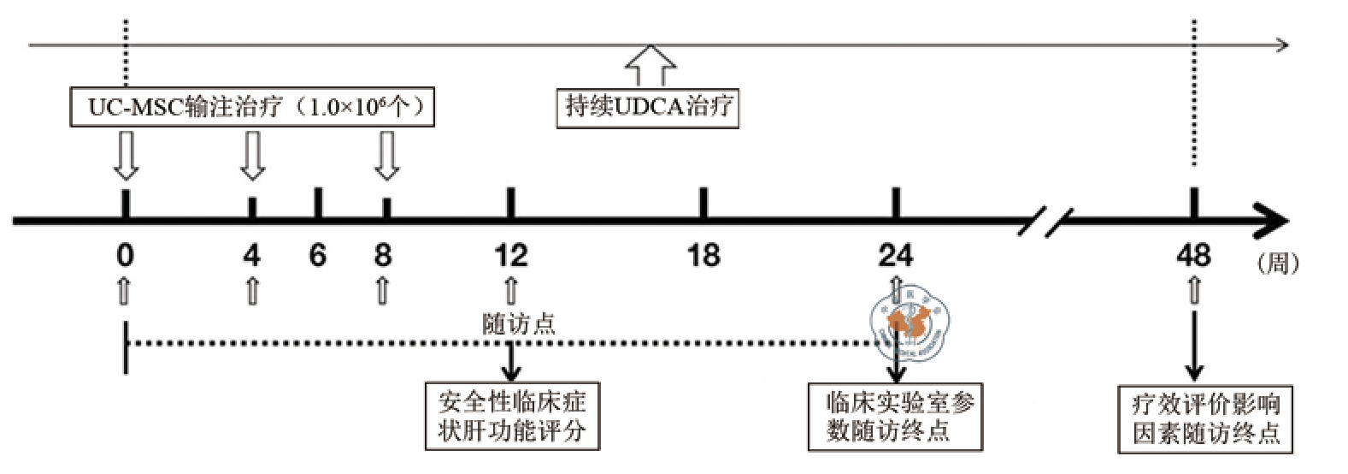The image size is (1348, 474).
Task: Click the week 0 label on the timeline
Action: coord(125,255)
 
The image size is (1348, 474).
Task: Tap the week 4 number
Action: coord(251,255)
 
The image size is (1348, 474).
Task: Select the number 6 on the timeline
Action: coord(317,255)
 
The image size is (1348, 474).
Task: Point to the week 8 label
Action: coord(383,255)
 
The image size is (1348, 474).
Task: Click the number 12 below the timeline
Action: coord(510,255)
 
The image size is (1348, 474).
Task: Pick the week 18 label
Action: coord(703,255)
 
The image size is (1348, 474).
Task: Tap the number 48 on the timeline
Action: coord(1193,255)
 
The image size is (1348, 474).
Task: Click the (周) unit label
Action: coord(1278,263)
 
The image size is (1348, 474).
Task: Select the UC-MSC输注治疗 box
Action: coord(252,107)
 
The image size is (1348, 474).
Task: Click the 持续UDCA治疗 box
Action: coord(648,107)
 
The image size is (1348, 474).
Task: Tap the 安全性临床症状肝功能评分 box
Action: coord(512,416)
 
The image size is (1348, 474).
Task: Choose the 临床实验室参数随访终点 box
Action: coord(895,417)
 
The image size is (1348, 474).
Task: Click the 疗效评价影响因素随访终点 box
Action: coord(1205,418)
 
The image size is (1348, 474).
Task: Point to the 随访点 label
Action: coord(519,323)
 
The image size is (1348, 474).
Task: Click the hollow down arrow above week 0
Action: coord(126,154)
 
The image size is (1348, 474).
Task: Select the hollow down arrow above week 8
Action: coord(387,154)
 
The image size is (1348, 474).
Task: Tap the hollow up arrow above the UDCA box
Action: coord(650,65)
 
